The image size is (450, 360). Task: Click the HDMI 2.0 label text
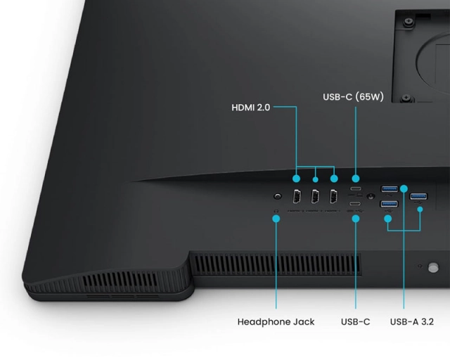coord(250,108)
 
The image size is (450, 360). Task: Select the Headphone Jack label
coord(276,321)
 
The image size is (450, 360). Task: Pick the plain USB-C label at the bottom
coord(355,321)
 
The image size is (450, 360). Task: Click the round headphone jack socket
coord(277,198)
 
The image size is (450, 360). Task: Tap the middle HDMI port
coord(315,198)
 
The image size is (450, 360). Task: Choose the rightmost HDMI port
coord(333,198)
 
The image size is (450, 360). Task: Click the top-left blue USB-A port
coord(389,188)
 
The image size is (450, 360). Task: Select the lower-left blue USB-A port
coord(389,204)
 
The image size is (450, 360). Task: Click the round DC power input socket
coord(370,196)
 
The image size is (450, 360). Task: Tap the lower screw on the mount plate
coord(406,98)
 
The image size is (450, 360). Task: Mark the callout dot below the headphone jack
coord(276,218)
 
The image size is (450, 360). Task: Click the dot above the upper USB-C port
coord(356,178)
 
